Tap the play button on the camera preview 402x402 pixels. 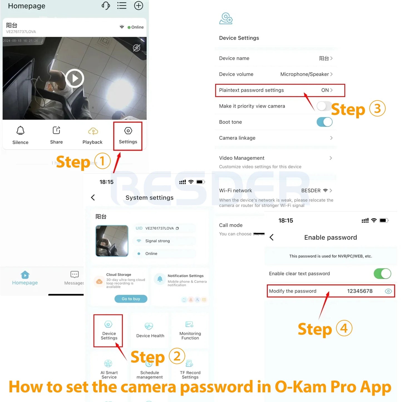tap(75, 78)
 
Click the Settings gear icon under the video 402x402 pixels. tap(128, 131)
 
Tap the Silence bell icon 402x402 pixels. tap(20, 130)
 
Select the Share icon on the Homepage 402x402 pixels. tap(56, 130)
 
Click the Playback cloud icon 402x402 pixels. tap(93, 131)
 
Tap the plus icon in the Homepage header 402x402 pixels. tap(139, 6)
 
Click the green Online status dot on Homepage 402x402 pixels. tap(129, 27)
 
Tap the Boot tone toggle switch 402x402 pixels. tap(324, 122)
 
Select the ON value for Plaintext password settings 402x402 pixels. tap(325, 90)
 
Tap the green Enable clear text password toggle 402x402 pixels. tap(382, 273)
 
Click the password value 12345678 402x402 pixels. tap(360, 291)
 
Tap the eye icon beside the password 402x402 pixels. tap(388, 291)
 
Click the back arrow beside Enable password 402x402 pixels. tap(272, 237)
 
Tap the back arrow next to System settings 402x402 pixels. tap(93, 198)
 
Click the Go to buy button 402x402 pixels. tap(131, 299)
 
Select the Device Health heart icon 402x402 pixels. tap(149, 326)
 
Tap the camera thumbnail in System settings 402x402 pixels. tap(112, 241)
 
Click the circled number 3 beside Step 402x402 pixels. tap(377, 108)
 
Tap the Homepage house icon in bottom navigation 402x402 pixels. tap(25, 275)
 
